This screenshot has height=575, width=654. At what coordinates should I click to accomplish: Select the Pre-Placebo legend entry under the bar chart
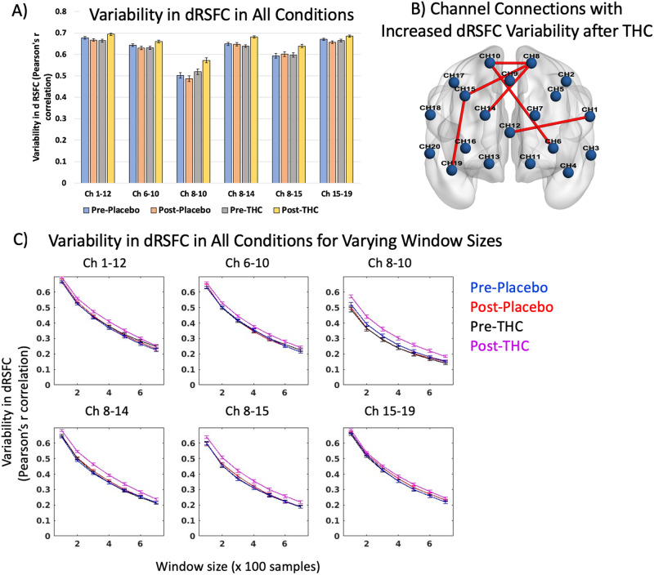pyautogui.click(x=107, y=210)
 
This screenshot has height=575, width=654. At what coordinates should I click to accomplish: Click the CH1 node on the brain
pyautogui.click(x=589, y=116)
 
